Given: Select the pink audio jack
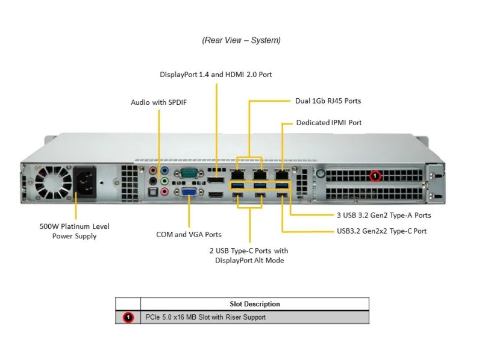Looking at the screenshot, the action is (x=164, y=192).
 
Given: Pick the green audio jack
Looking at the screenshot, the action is (x=164, y=181).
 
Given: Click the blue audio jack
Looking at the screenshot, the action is (x=164, y=170).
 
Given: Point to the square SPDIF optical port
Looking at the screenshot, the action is (x=153, y=192).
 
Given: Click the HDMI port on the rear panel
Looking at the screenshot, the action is (x=216, y=194).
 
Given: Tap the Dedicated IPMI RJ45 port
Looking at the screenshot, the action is (x=282, y=175).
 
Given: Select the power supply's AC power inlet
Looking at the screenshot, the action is (x=84, y=183).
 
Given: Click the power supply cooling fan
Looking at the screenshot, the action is (x=53, y=182).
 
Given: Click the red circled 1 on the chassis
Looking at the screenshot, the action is (x=375, y=176).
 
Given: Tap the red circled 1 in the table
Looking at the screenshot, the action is (x=128, y=317).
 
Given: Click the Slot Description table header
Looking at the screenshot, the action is (x=255, y=304).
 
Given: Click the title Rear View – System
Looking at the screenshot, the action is (x=242, y=40).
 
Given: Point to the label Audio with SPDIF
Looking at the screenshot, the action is (x=158, y=102).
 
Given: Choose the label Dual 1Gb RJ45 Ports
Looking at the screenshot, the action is (x=328, y=101).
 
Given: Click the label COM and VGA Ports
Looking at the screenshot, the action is (x=189, y=234).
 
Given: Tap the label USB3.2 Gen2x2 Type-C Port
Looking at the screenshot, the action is (x=381, y=231).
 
